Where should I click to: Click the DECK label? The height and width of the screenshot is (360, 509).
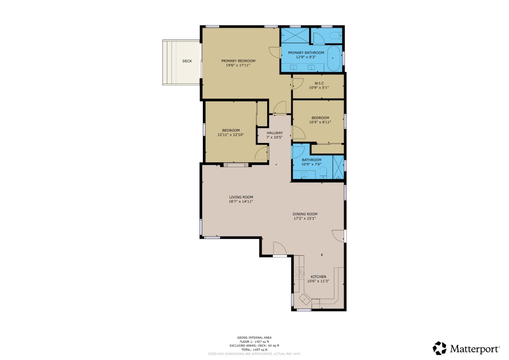187,61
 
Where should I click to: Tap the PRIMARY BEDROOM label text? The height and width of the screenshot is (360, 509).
238,61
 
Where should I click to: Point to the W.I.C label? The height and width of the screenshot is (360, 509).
319,83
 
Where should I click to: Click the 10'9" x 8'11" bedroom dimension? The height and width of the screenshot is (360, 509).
320,122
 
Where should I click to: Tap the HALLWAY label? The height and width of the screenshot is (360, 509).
275,133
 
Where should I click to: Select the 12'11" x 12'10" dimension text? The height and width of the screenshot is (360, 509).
230,135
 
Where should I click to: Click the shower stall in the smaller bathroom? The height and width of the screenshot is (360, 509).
338,167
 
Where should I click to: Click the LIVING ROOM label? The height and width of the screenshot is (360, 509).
241,197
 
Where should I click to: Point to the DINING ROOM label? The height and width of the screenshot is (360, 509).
305,214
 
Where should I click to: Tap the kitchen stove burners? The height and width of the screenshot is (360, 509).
299,273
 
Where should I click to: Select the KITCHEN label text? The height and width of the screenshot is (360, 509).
318,277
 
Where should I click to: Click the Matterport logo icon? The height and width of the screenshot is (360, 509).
439,348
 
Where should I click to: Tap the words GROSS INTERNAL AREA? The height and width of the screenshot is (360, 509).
254,338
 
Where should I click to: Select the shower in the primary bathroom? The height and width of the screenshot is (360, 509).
295,36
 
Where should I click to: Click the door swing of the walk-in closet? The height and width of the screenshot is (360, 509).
297,84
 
